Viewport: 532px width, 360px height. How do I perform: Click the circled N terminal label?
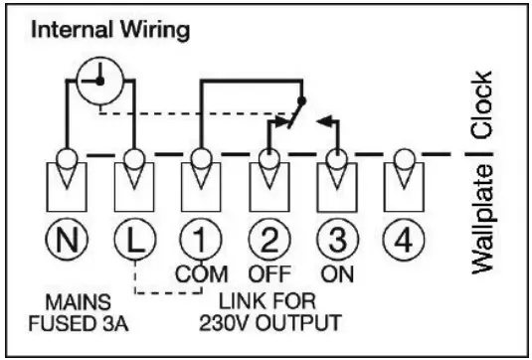[x=67, y=240]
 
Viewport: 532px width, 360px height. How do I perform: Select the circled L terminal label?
[x=132, y=240]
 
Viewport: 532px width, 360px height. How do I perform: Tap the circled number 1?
[x=199, y=240]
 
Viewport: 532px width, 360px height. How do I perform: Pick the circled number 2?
[x=266, y=240]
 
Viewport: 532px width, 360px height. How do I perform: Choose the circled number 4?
[x=402, y=240]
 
